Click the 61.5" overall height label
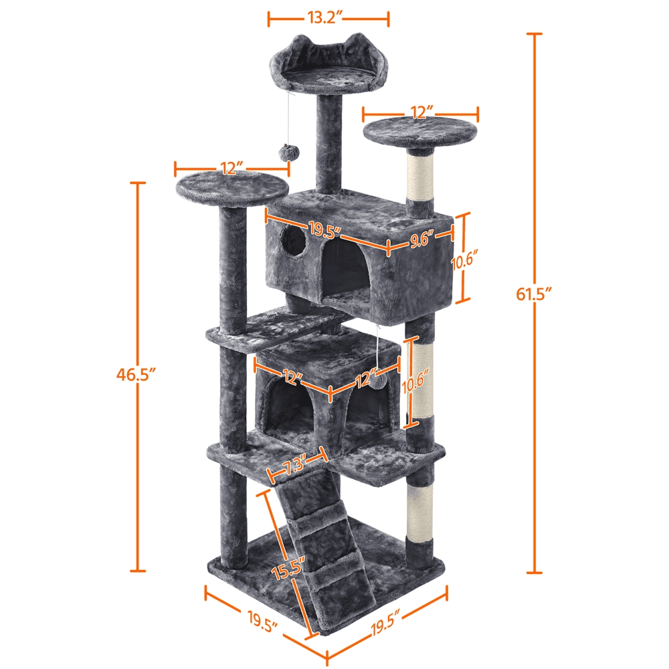(x=534, y=294)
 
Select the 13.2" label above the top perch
(x=326, y=17)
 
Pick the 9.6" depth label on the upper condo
(x=422, y=240)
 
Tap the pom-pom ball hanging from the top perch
(x=286, y=153)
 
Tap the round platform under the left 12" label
(x=231, y=187)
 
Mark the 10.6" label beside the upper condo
(x=464, y=261)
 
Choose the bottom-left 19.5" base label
(x=262, y=622)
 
